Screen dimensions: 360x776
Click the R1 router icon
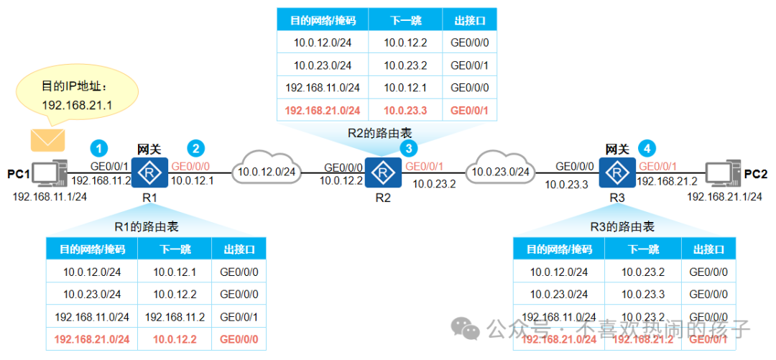tap(149, 173)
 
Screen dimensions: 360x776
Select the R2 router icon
tap(383, 172)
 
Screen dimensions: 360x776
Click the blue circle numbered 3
tap(410, 149)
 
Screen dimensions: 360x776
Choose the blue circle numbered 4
tap(647, 149)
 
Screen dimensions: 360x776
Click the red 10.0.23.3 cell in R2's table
tap(405, 111)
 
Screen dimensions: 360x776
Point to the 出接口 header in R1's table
tap(239, 249)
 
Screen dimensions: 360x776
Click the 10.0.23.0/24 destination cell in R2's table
tap(323, 65)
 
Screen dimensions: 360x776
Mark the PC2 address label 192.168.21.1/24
tap(724, 196)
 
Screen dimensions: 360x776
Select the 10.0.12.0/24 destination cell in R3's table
tap(559, 272)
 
